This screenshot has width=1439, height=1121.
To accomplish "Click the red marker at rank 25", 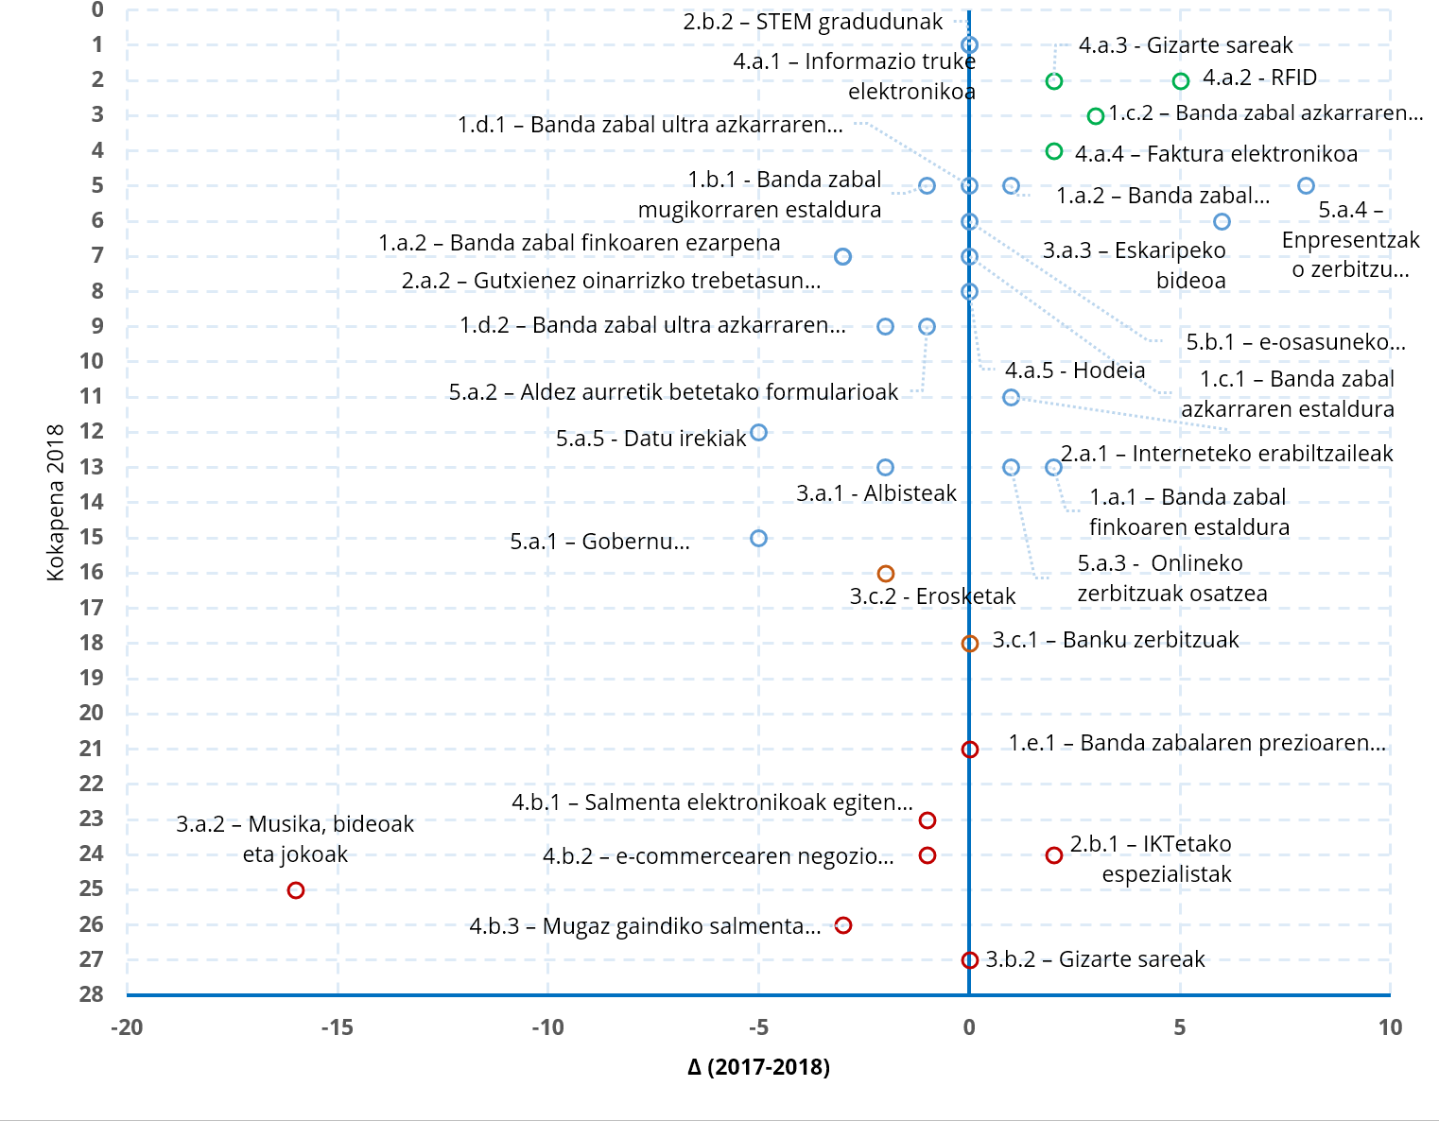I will point(296,890).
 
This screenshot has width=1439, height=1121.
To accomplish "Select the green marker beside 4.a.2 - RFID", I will point(1180,81).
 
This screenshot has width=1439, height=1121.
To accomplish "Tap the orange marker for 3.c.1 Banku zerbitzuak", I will point(969,644).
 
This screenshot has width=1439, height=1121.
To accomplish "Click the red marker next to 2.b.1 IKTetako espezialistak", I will point(1053,855).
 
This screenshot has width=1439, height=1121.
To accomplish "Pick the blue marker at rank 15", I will point(758,539).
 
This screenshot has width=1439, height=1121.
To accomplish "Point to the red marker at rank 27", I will point(969,960).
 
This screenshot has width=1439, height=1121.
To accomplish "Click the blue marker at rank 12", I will point(758,433).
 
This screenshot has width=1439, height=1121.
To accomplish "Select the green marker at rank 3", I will point(1096,116).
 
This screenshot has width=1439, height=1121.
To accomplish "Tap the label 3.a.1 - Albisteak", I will point(876,493).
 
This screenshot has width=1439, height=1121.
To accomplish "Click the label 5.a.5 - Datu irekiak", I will point(650,439).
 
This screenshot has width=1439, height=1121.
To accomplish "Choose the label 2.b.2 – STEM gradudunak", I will point(812,22).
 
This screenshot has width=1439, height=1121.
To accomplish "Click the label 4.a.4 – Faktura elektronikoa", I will point(1216,154).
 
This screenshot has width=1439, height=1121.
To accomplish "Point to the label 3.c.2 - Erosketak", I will point(932,596).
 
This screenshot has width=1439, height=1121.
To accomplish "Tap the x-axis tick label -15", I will point(337,1027).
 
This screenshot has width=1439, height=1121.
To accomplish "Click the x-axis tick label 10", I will point(1389,1027).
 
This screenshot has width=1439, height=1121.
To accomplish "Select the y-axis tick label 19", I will point(92,678).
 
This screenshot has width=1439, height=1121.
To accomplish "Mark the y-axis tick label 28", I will point(92,993).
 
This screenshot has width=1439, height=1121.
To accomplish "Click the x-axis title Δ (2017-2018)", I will point(758,1067).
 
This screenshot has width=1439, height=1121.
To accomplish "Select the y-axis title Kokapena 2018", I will point(56,502).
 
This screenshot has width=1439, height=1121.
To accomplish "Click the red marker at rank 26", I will point(843,925).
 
